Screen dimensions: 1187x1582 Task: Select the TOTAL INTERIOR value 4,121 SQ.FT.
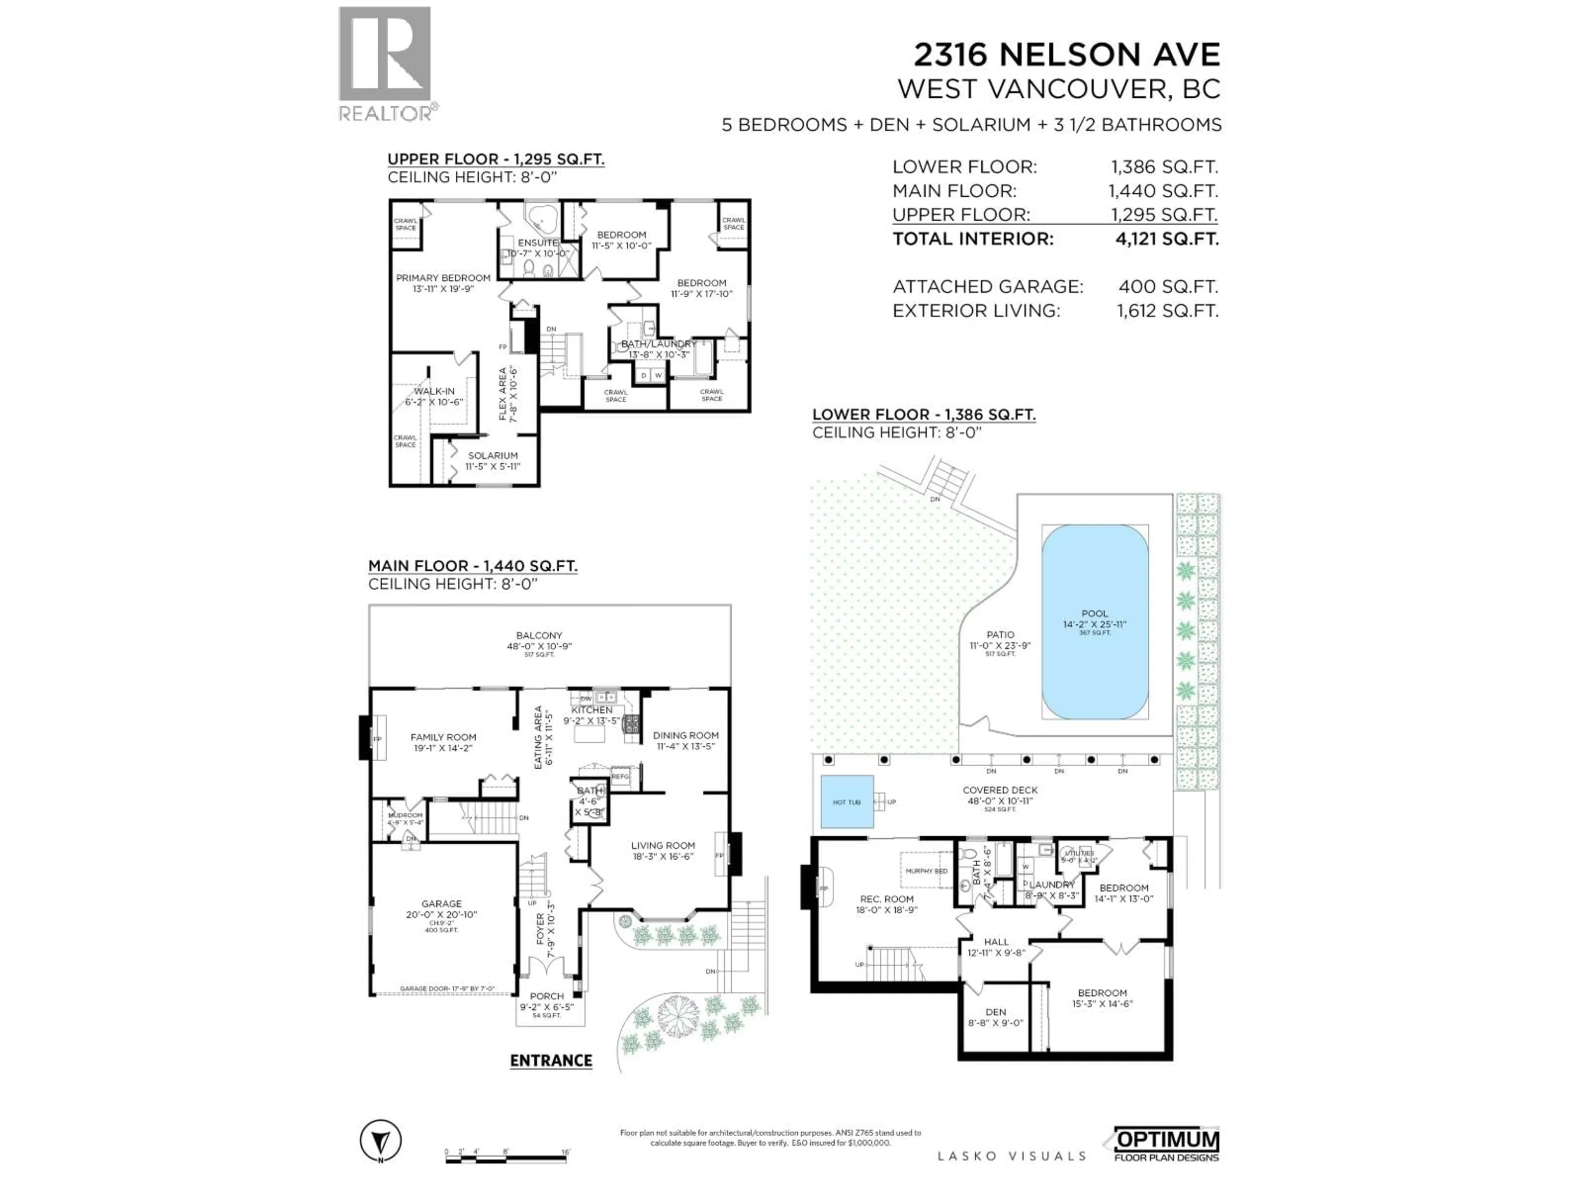[x=1166, y=239]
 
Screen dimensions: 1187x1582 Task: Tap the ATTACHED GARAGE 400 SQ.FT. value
[x=1168, y=287]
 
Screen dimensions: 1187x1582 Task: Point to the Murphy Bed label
[x=926, y=871]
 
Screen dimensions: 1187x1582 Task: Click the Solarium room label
[x=493, y=456]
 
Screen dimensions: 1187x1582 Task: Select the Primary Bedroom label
[x=443, y=278]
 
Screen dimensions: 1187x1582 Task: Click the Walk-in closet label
[x=435, y=392]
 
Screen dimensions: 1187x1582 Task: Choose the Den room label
[x=995, y=1012]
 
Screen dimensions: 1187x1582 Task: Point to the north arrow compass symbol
[x=381, y=1140]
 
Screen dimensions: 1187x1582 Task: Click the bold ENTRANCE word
[x=551, y=1061]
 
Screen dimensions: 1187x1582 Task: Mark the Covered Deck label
[x=1000, y=791]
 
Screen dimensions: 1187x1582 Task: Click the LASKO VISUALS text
[x=1011, y=1156]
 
